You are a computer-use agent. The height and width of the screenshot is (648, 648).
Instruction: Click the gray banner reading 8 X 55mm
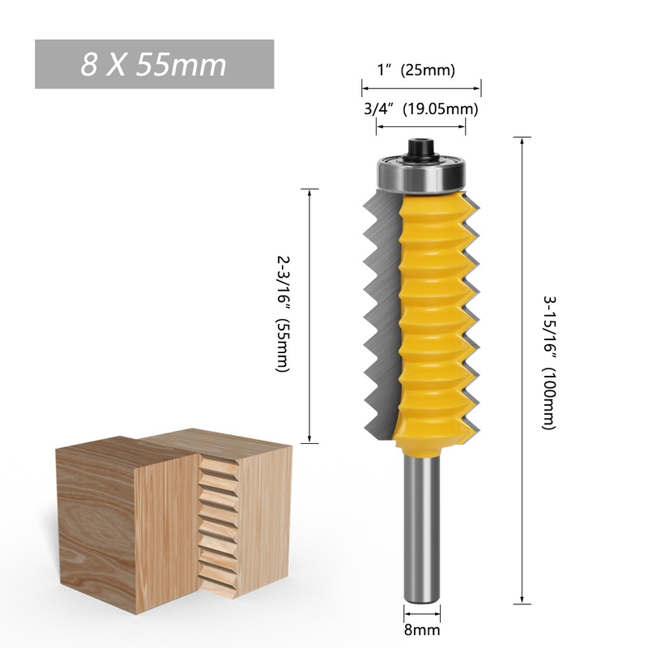[x=154, y=64]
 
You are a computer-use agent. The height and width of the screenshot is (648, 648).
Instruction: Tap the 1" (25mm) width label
[x=416, y=70]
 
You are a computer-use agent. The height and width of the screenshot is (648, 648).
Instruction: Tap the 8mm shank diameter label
[x=421, y=629]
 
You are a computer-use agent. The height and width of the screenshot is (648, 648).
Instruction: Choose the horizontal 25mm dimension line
[x=421, y=87]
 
